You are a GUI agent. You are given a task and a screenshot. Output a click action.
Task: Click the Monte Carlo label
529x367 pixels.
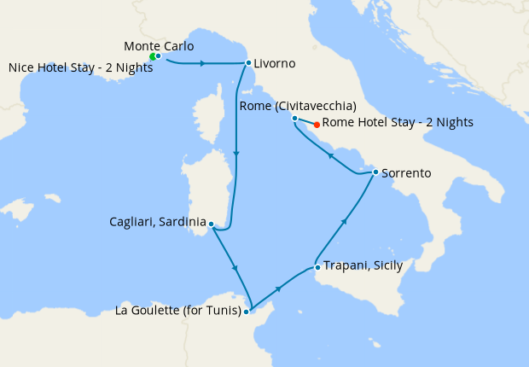(159, 45)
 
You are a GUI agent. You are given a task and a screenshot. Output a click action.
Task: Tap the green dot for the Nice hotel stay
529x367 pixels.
(152, 57)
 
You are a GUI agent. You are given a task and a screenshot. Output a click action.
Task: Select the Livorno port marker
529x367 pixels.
(248, 63)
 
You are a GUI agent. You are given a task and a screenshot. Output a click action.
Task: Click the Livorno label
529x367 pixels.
(275, 63)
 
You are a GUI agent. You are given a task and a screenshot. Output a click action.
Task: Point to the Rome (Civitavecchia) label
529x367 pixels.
(297, 106)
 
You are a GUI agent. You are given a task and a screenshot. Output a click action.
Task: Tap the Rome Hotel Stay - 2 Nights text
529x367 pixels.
(398, 123)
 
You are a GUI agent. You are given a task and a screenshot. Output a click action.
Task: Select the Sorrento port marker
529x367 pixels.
(375, 172)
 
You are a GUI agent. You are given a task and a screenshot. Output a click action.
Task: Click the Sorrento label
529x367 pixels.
(406, 173)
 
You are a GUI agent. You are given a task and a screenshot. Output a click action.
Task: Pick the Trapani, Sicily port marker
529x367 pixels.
(317, 267)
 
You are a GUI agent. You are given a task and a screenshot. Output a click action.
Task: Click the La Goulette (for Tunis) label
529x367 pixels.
(177, 310)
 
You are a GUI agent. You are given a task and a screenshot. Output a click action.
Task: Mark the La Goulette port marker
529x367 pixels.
(246, 312)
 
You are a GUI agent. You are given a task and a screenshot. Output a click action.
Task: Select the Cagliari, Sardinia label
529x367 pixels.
(158, 222)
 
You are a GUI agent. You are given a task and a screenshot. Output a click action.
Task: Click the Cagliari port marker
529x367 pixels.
(211, 225)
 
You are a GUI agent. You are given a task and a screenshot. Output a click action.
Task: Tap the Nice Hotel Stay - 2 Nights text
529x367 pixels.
(80, 67)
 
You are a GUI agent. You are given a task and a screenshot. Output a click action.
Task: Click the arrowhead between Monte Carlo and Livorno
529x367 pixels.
(201, 64)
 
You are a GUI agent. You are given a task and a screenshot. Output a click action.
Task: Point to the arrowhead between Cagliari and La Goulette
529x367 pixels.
(235, 269)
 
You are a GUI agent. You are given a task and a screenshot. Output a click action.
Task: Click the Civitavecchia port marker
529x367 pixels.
(294, 118)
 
